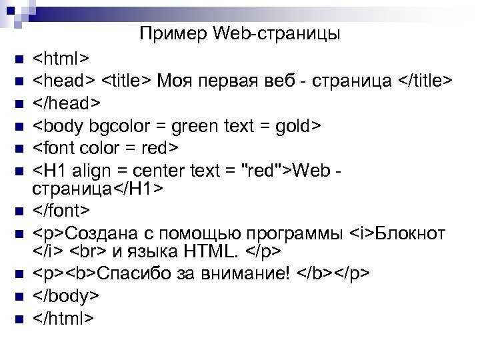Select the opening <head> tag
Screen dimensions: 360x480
tap(64, 81)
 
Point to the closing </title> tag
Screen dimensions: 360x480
tap(425, 81)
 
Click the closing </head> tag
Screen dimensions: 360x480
tap(67, 103)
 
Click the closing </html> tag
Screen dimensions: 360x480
tap(64, 318)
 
